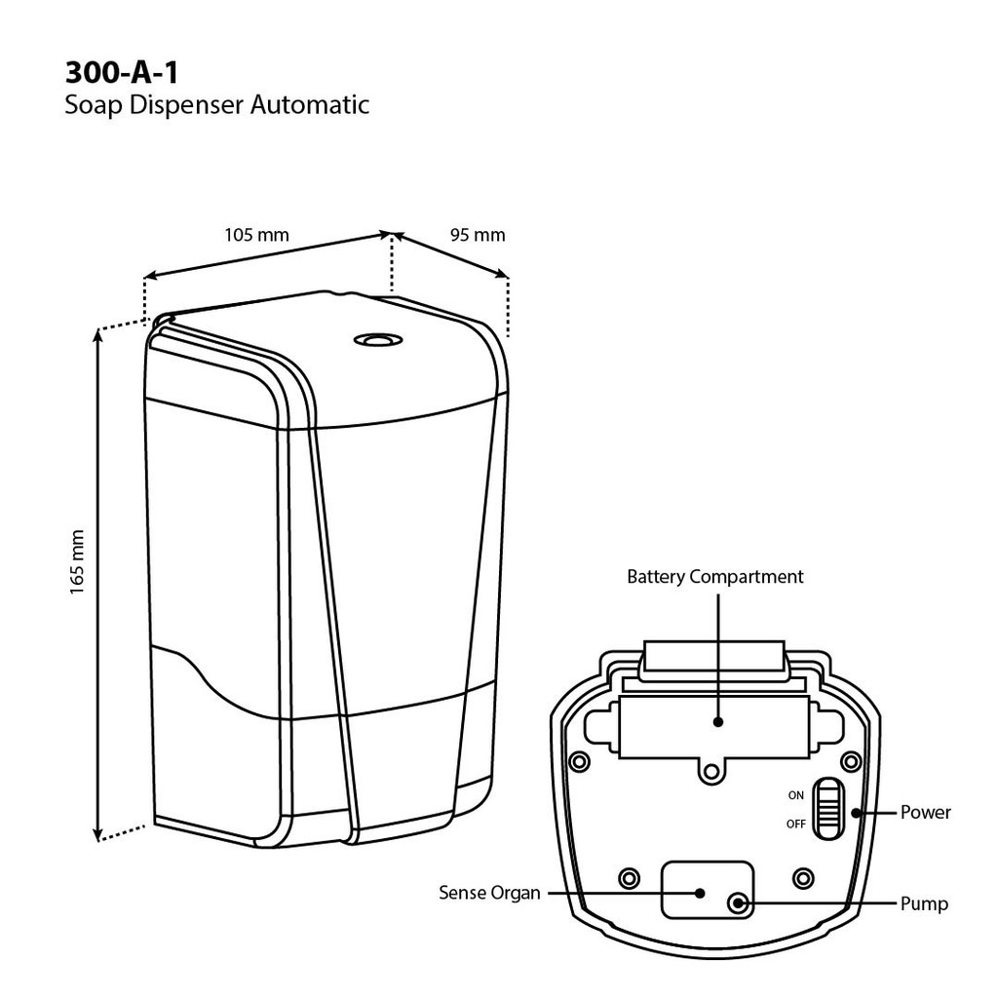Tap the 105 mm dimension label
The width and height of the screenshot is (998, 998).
[x=256, y=235]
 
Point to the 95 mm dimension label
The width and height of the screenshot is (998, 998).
[x=478, y=235]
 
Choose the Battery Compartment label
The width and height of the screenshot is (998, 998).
[x=715, y=577]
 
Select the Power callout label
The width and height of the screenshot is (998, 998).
[x=925, y=812]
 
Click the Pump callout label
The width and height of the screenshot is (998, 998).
[x=924, y=903]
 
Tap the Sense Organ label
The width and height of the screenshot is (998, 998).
[x=489, y=892]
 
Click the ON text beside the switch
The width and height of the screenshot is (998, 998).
[x=796, y=795]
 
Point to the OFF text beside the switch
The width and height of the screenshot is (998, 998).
[x=796, y=825]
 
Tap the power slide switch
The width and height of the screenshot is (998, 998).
[x=828, y=808]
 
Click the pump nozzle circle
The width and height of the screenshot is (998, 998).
[x=740, y=902]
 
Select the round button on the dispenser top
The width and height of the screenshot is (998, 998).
[x=373, y=340]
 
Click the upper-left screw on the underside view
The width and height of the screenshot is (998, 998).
[x=580, y=759]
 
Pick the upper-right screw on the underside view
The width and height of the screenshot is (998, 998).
[x=853, y=759]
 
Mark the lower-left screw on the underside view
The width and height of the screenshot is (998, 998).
[x=630, y=875]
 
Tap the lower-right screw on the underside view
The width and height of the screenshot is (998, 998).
[x=803, y=875]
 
